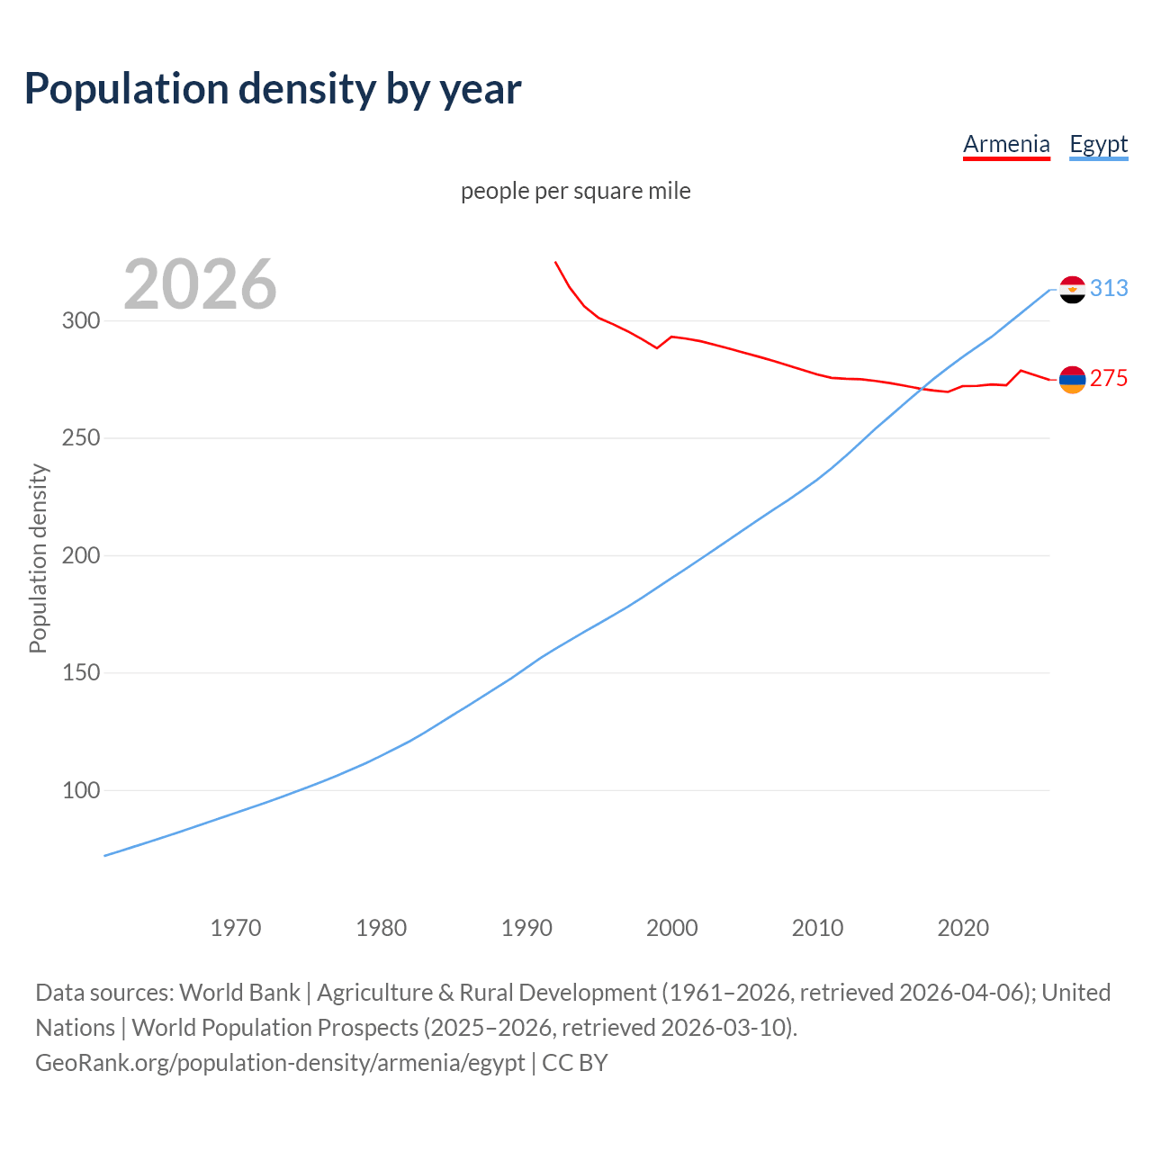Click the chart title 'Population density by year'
(273, 88)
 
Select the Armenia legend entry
(1006, 144)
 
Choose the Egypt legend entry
(1098, 144)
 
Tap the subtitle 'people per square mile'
(575, 191)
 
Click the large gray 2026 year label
(200, 284)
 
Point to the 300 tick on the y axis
(80, 320)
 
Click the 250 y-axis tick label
(80, 438)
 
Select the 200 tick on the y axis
(80, 555)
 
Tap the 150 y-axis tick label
(80, 673)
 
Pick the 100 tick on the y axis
(80, 790)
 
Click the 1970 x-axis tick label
(236, 927)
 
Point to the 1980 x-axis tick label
(382, 927)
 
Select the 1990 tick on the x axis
(526, 927)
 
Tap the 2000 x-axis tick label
(672, 927)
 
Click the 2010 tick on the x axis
(817, 927)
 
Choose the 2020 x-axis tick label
(963, 927)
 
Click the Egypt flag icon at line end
(1072, 290)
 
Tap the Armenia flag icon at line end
(1072, 380)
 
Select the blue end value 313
(1109, 288)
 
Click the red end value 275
(1109, 379)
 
